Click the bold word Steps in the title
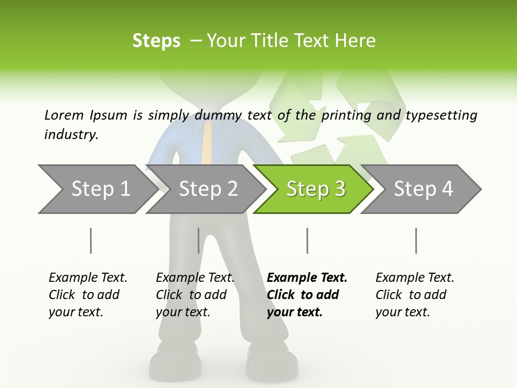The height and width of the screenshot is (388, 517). click(156, 41)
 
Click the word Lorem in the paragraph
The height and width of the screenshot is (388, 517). click(64, 115)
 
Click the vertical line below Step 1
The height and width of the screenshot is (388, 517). click(91, 240)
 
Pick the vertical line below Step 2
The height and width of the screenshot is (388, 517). click(199, 240)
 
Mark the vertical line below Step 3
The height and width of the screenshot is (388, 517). click(307, 240)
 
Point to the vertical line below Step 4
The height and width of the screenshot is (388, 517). click(416, 240)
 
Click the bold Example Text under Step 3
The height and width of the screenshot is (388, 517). click(307, 278)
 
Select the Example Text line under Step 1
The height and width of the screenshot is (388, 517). click(88, 278)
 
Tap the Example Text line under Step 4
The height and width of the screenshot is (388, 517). click(415, 278)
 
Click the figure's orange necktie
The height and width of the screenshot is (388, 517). click(206, 143)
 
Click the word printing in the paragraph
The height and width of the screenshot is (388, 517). click(346, 115)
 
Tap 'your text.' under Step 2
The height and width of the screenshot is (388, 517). click(183, 312)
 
